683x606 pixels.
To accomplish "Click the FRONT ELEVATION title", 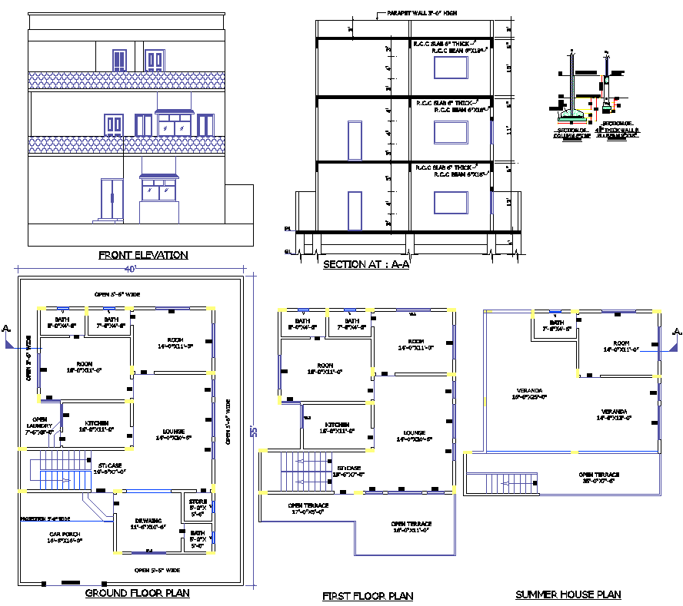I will click(x=143, y=255).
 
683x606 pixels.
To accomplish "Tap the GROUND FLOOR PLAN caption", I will click(x=137, y=593).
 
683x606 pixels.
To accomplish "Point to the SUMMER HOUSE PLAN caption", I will click(x=568, y=594).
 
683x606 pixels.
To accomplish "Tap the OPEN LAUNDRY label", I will click(x=40, y=426).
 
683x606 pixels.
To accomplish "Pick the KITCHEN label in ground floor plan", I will click(x=96, y=426).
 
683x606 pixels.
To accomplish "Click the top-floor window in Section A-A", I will click(x=450, y=68).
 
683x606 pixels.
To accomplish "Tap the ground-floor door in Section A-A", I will click(x=354, y=211).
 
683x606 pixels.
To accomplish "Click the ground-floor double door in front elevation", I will click(x=112, y=199).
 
